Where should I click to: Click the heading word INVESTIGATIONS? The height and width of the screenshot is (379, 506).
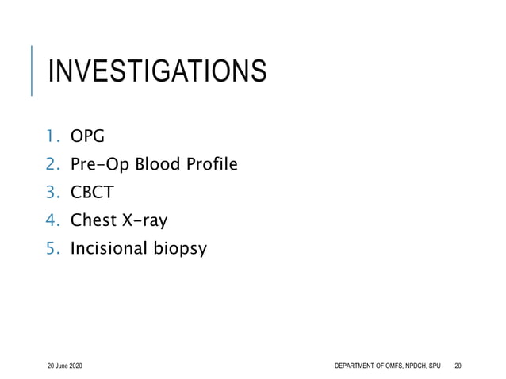click(x=157, y=72)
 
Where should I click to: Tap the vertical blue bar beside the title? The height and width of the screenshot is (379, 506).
click(x=32, y=71)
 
